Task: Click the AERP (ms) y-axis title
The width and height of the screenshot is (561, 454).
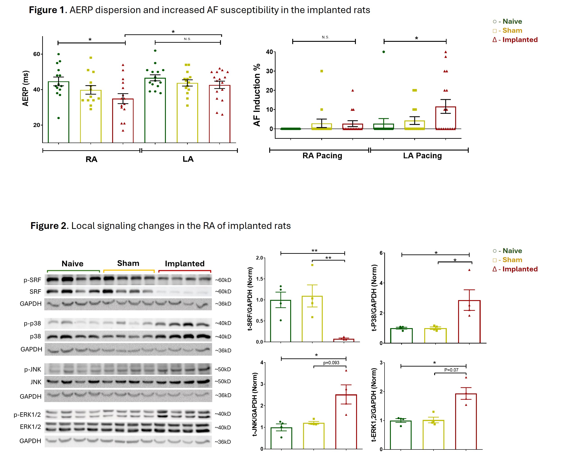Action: tap(25, 88)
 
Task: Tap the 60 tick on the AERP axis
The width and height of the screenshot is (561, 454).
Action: tap(37, 54)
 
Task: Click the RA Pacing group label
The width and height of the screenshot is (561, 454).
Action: tap(322, 156)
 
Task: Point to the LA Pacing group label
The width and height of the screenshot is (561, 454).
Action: tap(422, 156)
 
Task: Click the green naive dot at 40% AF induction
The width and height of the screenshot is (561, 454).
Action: tap(383, 52)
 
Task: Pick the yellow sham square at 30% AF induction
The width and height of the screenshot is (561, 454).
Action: tap(322, 71)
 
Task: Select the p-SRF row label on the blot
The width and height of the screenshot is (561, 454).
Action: tap(32, 280)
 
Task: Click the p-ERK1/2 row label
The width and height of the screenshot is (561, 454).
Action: tap(27, 414)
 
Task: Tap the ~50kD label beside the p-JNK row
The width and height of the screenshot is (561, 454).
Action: tap(223, 369)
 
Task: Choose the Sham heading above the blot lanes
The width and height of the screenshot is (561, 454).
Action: tap(128, 263)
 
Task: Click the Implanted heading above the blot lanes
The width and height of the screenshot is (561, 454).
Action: tap(184, 264)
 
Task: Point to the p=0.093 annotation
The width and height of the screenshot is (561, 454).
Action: tap(331, 363)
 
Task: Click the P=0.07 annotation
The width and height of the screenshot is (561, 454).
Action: tap(451, 370)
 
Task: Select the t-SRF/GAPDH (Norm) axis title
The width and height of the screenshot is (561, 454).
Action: tap(250, 299)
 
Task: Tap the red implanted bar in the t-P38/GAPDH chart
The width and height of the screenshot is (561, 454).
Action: tap(469, 321)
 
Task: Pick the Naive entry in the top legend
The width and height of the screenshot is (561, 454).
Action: tap(507, 21)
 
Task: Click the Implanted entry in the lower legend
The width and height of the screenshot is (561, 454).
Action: tap(515, 269)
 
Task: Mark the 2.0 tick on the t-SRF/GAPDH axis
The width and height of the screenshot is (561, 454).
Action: tap(259, 258)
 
